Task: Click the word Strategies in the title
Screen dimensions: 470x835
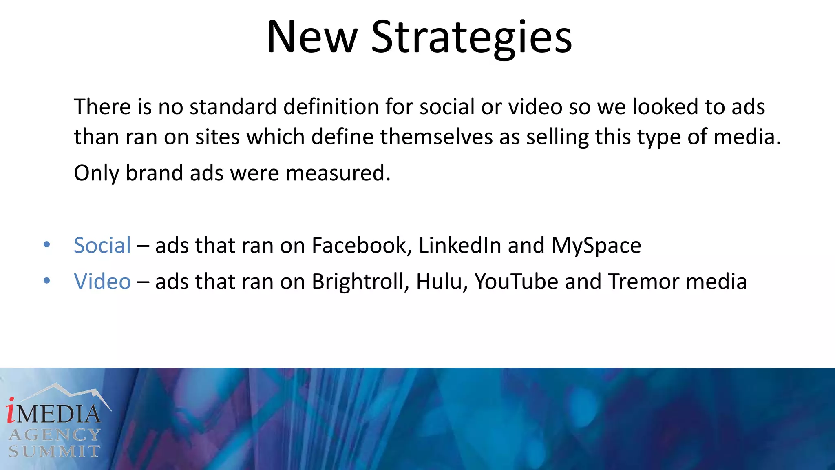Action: (x=471, y=38)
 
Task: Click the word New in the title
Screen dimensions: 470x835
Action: (x=312, y=38)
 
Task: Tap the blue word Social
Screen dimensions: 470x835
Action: (x=102, y=246)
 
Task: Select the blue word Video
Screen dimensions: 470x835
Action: (x=102, y=282)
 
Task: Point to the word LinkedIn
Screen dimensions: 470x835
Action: (x=460, y=246)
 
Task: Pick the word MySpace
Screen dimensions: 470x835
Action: (x=596, y=246)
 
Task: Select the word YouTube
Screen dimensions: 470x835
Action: (x=516, y=282)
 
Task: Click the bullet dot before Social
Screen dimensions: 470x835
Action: (x=47, y=245)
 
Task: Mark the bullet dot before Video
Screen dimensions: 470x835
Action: (x=47, y=281)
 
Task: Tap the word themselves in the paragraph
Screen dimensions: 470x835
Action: (x=436, y=137)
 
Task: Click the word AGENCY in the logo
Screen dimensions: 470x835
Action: (x=55, y=435)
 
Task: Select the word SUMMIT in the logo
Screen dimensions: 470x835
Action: (x=55, y=451)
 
